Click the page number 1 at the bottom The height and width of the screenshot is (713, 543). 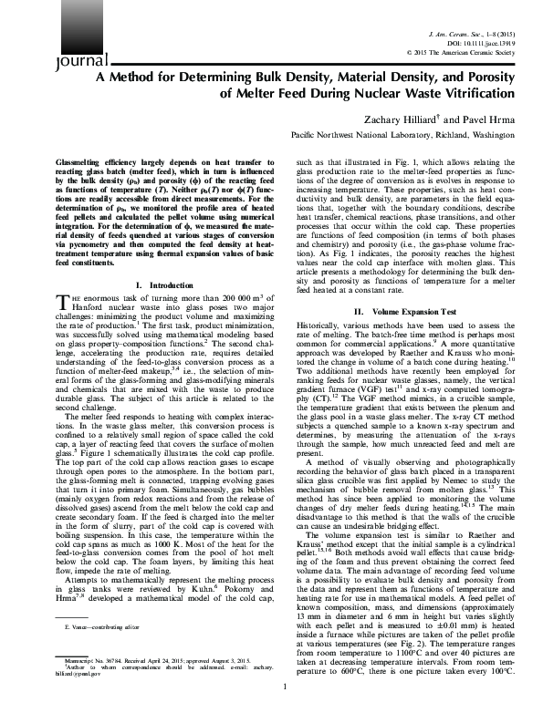pos(285,687)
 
